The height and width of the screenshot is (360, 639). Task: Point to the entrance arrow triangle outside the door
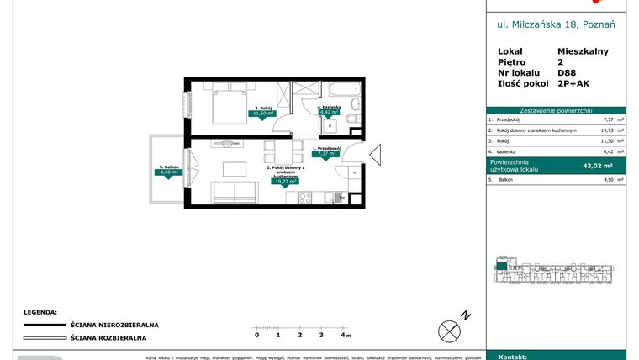click(375, 156)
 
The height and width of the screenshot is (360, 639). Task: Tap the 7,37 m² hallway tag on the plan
click(325, 154)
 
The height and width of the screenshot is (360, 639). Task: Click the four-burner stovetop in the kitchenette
click(304, 198)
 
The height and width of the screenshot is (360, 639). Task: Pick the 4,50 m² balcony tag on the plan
click(171, 172)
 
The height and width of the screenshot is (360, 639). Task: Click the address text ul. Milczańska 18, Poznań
click(556, 25)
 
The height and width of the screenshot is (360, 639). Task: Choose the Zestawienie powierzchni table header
click(556, 110)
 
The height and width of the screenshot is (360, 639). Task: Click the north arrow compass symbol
click(450, 329)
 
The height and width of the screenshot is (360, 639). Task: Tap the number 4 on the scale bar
click(341, 335)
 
